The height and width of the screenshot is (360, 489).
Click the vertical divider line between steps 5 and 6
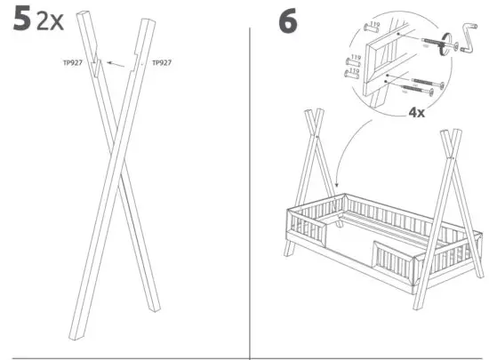coord(250,178)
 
